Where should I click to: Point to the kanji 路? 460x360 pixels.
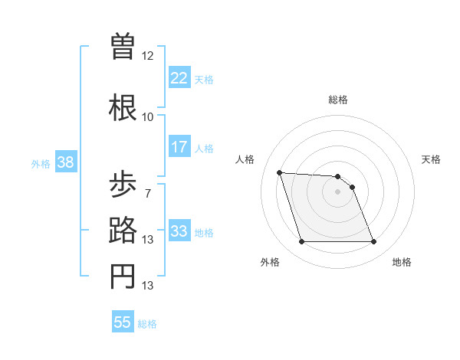tap(123, 231)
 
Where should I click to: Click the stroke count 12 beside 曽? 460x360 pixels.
tap(148, 56)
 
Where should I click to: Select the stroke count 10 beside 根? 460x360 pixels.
tap(148, 117)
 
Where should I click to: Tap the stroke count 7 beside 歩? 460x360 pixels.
tap(148, 194)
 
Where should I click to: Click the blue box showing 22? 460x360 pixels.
tap(179, 77)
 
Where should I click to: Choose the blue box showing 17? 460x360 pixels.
tap(179, 147)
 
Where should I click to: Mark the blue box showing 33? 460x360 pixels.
tap(179, 231)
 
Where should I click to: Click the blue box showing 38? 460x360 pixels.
tap(65, 162)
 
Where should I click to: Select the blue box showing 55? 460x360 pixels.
tap(123, 322)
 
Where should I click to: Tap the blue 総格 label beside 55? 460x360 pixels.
tap(148, 324)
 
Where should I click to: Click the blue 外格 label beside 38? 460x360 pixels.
tap(41, 164)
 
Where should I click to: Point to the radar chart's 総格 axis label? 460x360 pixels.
tap(338, 100)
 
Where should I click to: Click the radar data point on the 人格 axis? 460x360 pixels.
tap(280, 172)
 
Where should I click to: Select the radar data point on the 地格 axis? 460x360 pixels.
tap(373, 242)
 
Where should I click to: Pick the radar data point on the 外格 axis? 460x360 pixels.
tap(301, 242)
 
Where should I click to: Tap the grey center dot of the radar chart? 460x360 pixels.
tap(338, 191)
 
